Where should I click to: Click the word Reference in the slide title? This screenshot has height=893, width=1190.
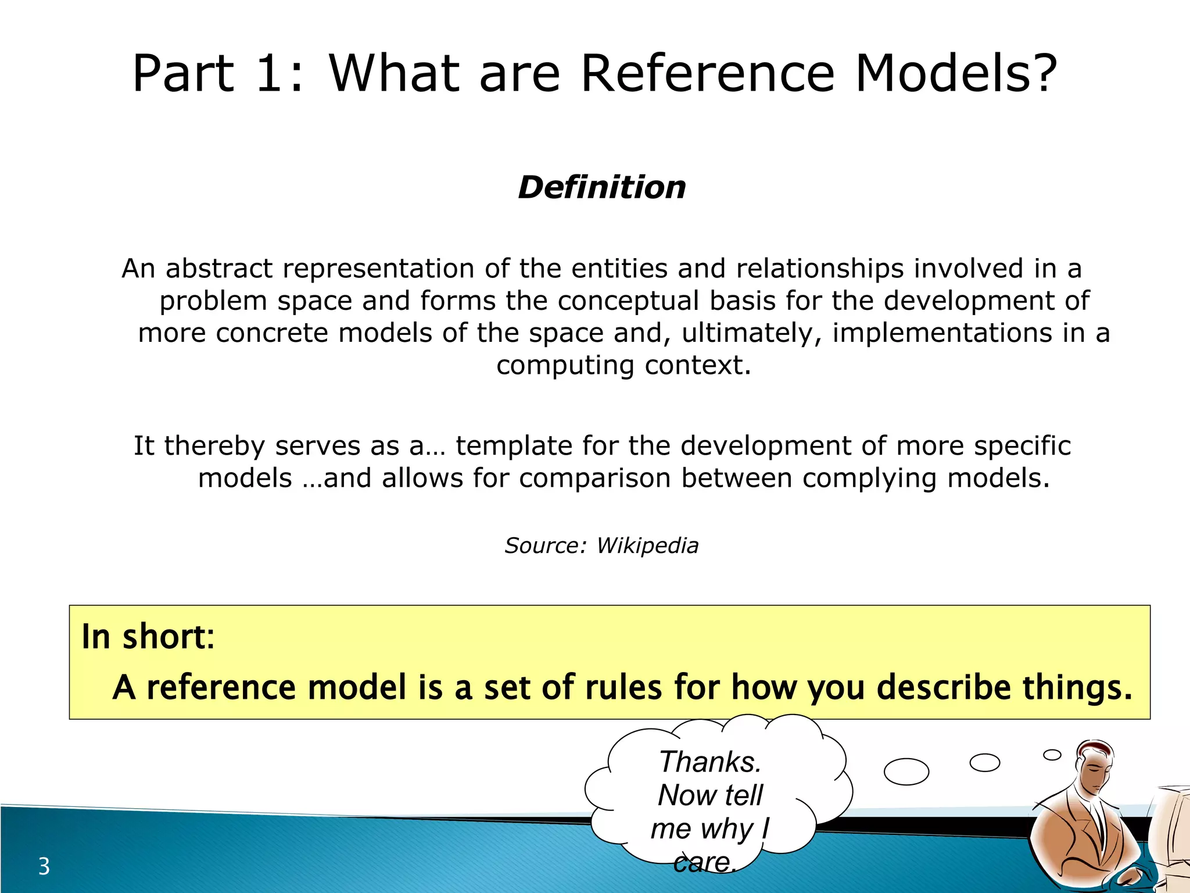click(x=708, y=74)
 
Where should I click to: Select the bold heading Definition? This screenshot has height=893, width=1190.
click(x=602, y=187)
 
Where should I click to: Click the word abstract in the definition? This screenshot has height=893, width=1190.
click(x=219, y=269)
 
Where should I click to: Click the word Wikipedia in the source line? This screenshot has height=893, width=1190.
click(x=647, y=545)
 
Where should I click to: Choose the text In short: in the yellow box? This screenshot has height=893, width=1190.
click(x=148, y=636)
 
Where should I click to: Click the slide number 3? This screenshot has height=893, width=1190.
click(x=44, y=866)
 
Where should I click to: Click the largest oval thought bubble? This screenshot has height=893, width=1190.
click(x=906, y=771)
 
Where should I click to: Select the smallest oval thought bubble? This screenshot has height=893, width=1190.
click(x=1052, y=755)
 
